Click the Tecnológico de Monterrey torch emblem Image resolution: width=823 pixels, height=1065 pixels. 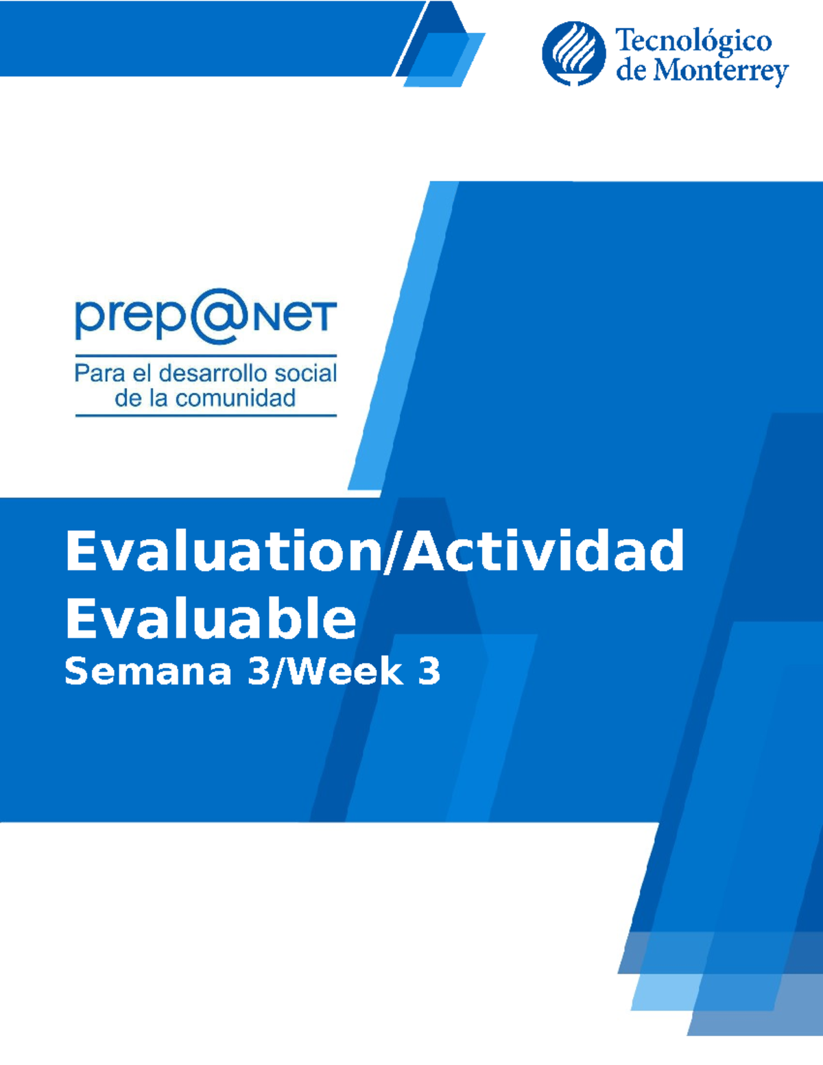[573, 53]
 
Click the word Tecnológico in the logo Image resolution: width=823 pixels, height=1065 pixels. [693, 41]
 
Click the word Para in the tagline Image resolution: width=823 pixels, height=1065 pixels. [99, 373]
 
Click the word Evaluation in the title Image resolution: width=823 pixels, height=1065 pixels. [222, 551]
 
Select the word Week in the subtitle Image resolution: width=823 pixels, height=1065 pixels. [344, 671]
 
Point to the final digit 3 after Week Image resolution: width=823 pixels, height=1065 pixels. [429, 671]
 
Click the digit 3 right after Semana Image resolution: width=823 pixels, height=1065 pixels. [259, 671]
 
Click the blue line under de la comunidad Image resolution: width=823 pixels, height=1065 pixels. [206, 416]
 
